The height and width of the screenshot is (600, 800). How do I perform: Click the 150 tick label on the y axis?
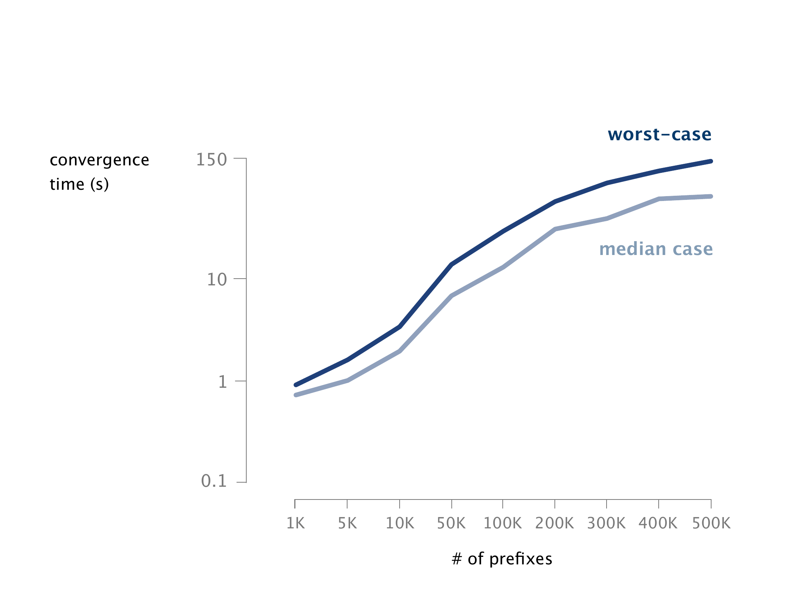[x=211, y=160]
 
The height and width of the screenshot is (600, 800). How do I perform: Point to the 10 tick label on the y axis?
[x=217, y=280]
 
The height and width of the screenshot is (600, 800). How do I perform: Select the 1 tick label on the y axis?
[x=223, y=382]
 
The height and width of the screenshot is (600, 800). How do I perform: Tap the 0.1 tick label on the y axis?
[x=214, y=481]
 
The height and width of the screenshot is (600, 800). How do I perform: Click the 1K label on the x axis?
[x=295, y=523]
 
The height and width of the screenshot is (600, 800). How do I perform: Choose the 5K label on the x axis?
[x=347, y=523]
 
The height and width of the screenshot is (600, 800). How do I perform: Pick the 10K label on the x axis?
[x=400, y=523]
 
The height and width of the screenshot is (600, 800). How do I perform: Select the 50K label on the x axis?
[x=451, y=523]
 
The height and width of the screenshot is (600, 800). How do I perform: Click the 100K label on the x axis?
[x=502, y=523]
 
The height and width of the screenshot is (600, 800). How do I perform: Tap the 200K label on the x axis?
[x=554, y=523]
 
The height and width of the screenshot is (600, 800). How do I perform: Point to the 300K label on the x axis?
[x=606, y=523]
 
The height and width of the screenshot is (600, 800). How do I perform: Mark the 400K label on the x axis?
[x=658, y=523]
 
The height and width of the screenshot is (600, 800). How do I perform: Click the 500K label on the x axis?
[x=711, y=523]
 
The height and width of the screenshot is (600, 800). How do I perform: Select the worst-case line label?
[x=659, y=135]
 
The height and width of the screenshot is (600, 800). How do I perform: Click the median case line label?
[x=656, y=249]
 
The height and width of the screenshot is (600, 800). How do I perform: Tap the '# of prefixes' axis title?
[x=502, y=559]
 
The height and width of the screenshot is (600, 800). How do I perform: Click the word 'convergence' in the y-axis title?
[x=99, y=160]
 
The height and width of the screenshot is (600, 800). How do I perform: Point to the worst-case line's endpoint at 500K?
[x=711, y=161]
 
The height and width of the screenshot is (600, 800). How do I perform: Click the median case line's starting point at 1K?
[x=296, y=395]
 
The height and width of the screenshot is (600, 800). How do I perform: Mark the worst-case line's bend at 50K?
[x=452, y=264]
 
